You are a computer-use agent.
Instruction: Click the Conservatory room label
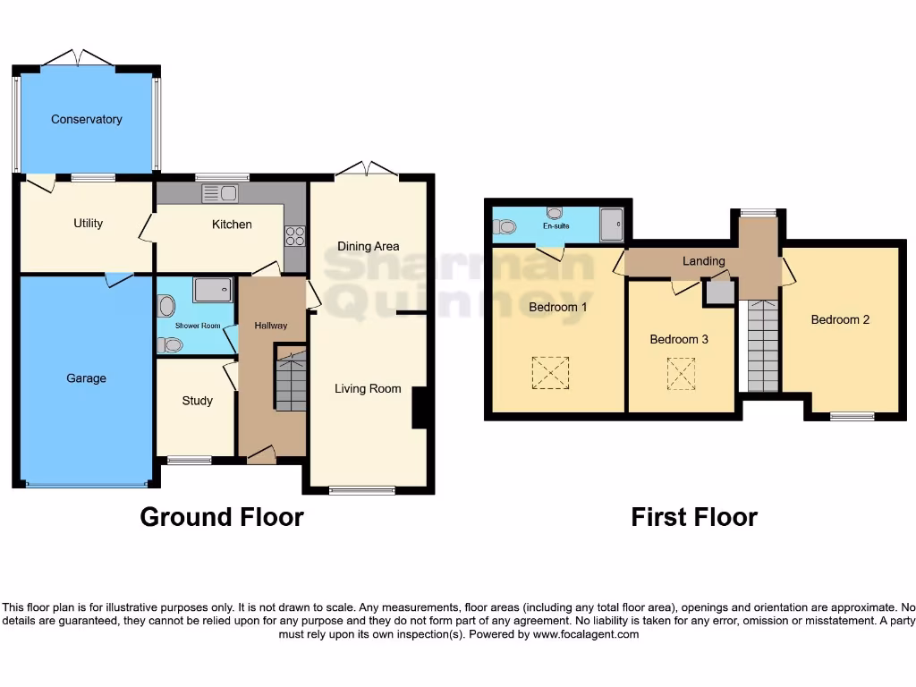pyautogui.click(x=86, y=119)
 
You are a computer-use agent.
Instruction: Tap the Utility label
pyautogui.click(x=88, y=223)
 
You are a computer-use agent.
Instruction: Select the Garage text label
pyautogui.click(x=86, y=378)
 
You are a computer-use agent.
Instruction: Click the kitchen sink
pyautogui.click(x=219, y=192)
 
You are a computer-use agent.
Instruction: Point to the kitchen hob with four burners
pyautogui.click(x=294, y=236)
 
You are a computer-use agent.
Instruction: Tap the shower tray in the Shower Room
pyautogui.click(x=212, y=289)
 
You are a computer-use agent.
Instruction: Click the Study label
pyautogui.click(x=197, y=400)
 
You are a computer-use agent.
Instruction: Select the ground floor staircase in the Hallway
pyautogui.click(x=290, y=381)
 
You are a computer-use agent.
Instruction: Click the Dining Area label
pyautogui.click(x=368, y=246)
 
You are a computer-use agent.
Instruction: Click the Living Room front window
pyautogui.click(x=361, y=489)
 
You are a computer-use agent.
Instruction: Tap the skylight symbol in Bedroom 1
pyautogui.click(x=550, y=373)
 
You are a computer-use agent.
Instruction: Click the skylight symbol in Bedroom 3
pyautogui.click(x=681, y=374)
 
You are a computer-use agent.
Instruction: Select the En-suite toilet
pyautogui.click(x=505, y=227)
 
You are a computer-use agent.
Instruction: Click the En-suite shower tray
pyautogui.click(x=612, y=225)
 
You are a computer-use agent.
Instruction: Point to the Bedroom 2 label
pyautogui.click(x=840, y=319)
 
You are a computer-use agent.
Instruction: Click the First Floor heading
pyautogui.click(x=693, y=517)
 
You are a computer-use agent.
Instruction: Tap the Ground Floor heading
pyautogui.click(x=222, y=517)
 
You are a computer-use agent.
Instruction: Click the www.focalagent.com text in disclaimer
pyautogui.click(x=586, y=634)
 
